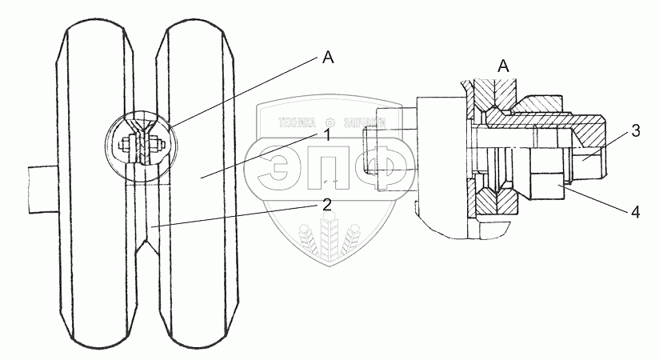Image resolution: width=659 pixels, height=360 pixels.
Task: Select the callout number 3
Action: (x=634, y=131)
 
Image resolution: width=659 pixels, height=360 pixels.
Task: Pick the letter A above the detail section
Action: (x=504, y=66)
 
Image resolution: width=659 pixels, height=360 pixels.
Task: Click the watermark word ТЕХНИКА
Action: (x=296, y=123)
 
